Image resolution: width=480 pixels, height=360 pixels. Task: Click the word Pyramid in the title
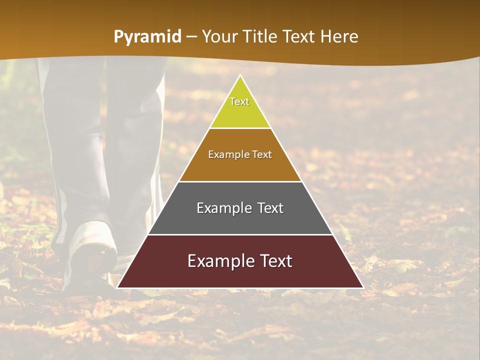point(147,37)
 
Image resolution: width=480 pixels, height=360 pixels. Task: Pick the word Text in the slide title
point(299,37)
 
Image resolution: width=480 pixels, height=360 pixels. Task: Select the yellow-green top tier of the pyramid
point(240,112)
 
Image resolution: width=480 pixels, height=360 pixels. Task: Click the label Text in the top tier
point(239,101)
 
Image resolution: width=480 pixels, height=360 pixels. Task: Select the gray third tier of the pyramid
point(240,220)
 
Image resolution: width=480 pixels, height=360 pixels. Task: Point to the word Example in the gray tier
point(223,208)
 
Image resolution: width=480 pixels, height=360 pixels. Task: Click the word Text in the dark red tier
point(274,261)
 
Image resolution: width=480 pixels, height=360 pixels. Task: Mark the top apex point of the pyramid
point(240,76)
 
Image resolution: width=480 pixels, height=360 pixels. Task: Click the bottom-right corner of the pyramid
point(362,287)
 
